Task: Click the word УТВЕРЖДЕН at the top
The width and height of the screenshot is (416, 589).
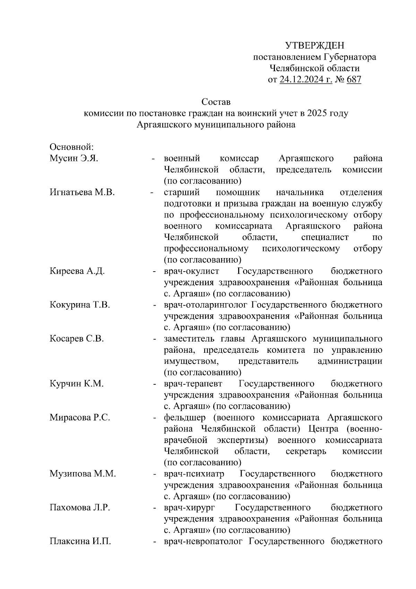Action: coord(314,45)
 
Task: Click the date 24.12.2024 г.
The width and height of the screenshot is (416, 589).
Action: coord(306,80)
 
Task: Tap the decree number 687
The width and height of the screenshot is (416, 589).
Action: coord(354,80)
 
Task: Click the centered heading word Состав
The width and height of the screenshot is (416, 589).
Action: coord(216,102)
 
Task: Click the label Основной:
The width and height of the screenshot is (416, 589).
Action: coord(72,147)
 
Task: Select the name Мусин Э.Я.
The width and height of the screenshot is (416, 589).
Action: coord(74,159)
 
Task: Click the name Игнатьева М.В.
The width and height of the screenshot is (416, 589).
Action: coord(82,192)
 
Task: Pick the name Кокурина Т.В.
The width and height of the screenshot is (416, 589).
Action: coord(80,305)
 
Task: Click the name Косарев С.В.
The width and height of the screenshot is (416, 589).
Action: coord(77,339)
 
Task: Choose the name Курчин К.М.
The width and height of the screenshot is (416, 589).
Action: coord(77,384)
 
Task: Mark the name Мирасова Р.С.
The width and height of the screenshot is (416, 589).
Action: coord(80,417)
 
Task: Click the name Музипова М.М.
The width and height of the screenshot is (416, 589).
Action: coord(83,474)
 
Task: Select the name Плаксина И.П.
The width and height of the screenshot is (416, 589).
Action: coord(80,541)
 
